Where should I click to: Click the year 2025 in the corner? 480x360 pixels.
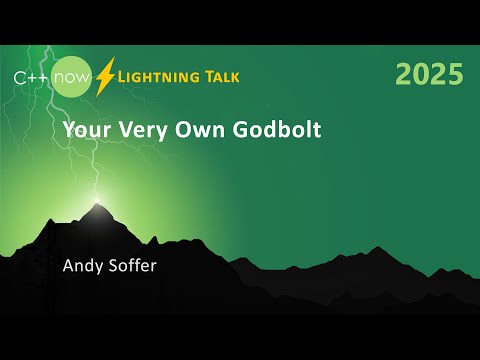tap(429, 74)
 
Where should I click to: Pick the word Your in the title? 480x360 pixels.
tap(83, 130)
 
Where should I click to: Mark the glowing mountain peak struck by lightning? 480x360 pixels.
tap(97, 208)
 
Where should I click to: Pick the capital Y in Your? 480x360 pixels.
tap(68, 130)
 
